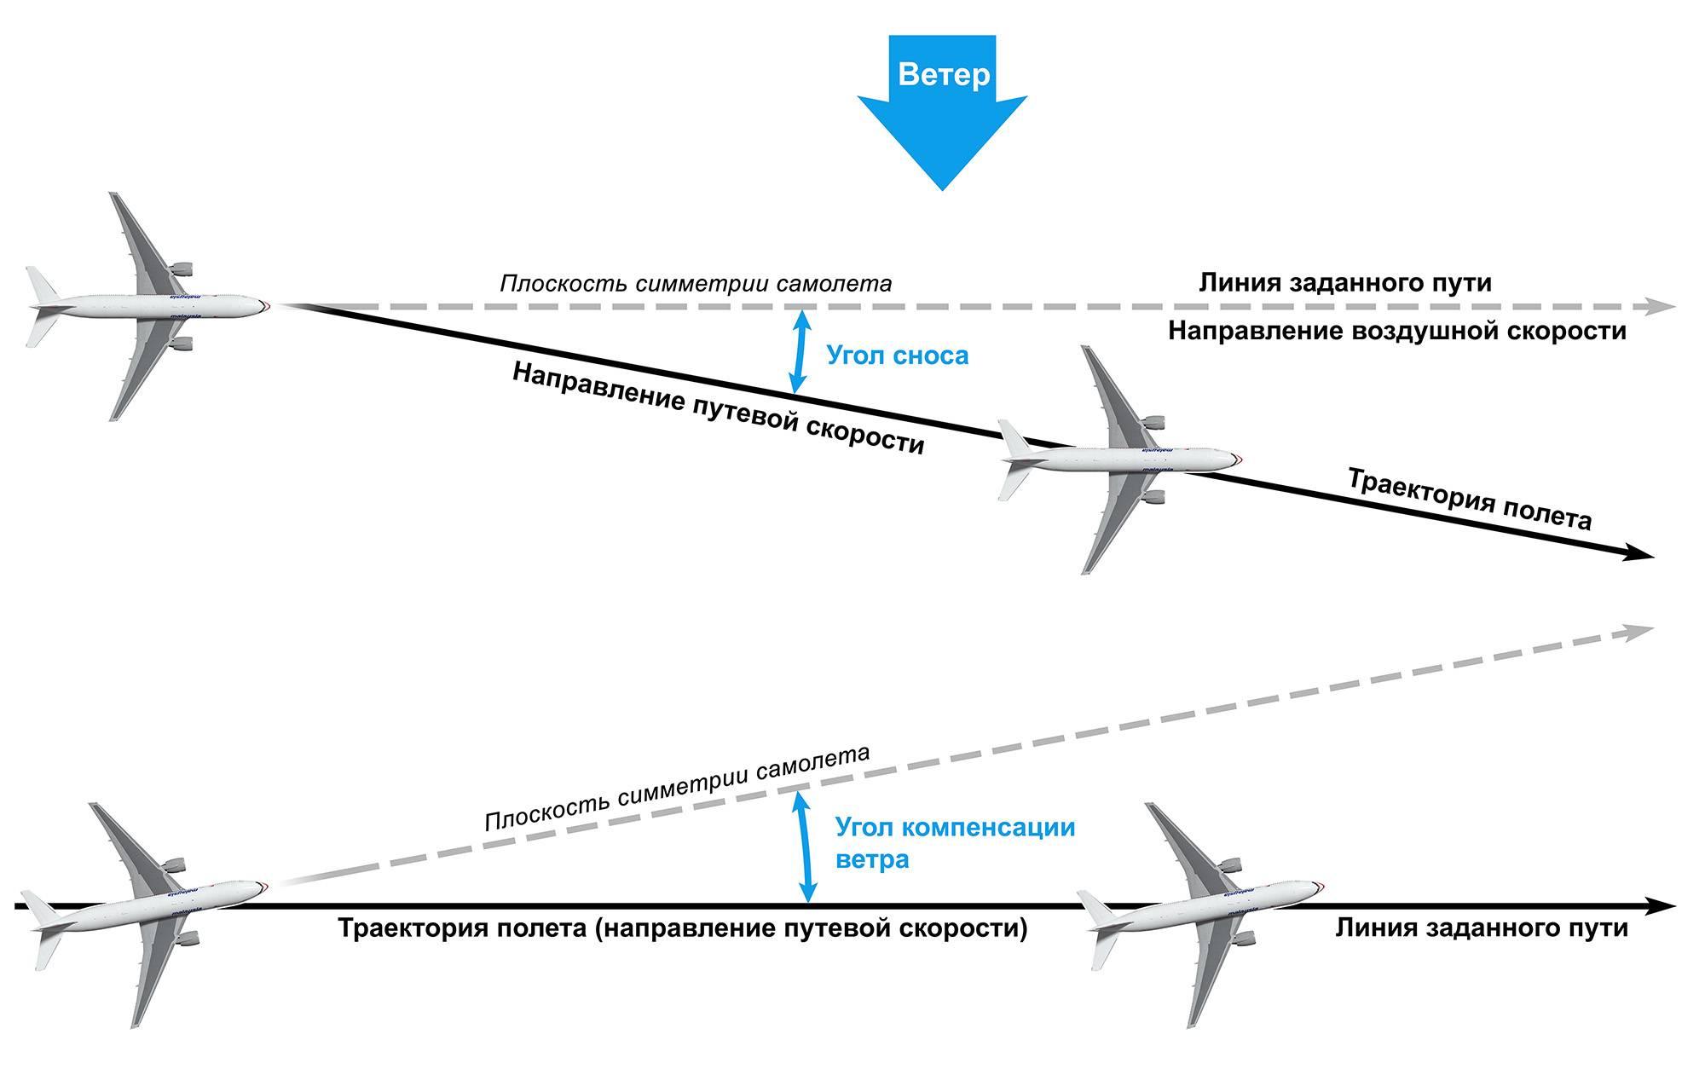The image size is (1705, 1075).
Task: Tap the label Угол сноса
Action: click(898, 355)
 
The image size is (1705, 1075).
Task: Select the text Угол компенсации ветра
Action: click(954, 842)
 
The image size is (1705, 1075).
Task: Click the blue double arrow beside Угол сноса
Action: click(799, 352)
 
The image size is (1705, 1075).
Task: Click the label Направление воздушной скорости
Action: click(1396, 331)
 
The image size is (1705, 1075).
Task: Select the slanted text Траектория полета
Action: click(1468, 500)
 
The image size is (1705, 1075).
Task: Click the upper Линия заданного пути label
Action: click(1345, 282)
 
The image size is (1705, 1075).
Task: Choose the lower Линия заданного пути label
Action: click(1482, 928)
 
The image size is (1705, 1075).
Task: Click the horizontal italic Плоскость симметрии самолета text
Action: click(696, 283)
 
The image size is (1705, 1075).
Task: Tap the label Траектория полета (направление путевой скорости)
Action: click(683, 928)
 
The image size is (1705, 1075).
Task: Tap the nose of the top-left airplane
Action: click(267, 304)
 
